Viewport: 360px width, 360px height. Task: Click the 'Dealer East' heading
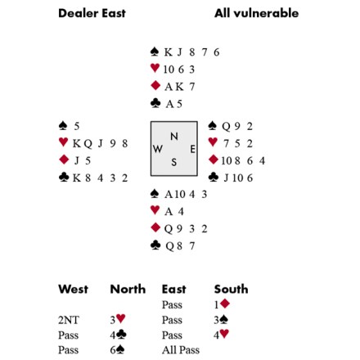click(92, 13)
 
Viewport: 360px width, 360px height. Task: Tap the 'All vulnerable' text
click(256, 13)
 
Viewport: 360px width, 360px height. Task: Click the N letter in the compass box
click(174, 136)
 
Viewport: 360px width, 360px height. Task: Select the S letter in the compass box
click(174, 162)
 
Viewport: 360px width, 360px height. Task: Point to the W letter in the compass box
click(158, 149)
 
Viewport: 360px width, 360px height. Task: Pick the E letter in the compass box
click(192, 149)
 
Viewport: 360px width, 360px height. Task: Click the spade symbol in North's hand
click(155, 52)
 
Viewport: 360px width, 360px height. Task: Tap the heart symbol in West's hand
click(63, 142)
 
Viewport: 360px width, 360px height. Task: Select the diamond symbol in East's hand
click(214, 160)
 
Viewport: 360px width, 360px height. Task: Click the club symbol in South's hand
click(155, 245)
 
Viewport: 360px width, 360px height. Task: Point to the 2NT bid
click(69, 320)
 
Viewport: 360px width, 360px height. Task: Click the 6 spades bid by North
click(117, 350)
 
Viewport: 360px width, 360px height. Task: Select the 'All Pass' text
click(181, 350)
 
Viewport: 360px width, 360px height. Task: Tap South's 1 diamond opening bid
click(222, 304)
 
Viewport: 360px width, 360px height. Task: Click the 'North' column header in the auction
click(128, 289)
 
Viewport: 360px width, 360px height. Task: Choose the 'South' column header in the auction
click(231, 289)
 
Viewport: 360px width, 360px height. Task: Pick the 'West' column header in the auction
click(73, 289)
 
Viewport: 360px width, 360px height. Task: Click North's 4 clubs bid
click(118, 335)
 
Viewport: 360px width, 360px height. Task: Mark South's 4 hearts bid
click(221, 335)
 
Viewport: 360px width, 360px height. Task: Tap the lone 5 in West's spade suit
click(77, 126)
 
